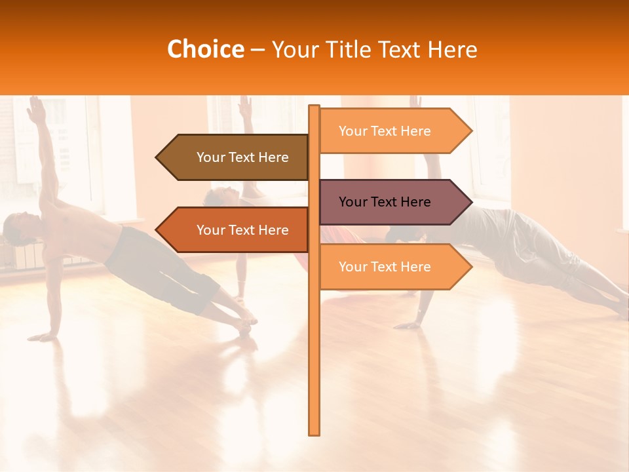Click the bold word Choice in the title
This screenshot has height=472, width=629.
(205, 49)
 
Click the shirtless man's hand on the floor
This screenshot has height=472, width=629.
(43, 336)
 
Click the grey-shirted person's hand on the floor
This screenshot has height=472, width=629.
(409, 324)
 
